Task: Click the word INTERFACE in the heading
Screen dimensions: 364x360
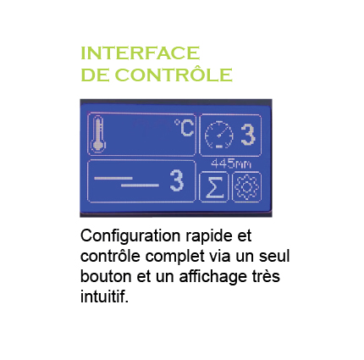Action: [141, 53]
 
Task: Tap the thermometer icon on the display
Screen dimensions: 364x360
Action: [98, 134]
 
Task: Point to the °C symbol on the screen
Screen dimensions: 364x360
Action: [185, 128]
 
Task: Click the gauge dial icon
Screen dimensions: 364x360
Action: [218, 135]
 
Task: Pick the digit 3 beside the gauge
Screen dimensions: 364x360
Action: [248, 135]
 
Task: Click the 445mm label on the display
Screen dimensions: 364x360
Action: [231, 163]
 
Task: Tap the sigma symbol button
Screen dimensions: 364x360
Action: [213, 186]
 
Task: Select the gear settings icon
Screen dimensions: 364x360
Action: [246, 186]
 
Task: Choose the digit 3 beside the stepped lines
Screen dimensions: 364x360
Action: [177, 180]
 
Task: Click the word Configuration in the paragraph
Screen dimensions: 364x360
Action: [130, 236]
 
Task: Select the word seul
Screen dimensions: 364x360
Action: [274, 256]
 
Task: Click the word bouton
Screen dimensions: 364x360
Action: [106, 276]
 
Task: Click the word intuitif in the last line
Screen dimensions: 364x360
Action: [104, 296]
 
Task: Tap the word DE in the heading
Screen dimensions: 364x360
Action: [95, 75]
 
